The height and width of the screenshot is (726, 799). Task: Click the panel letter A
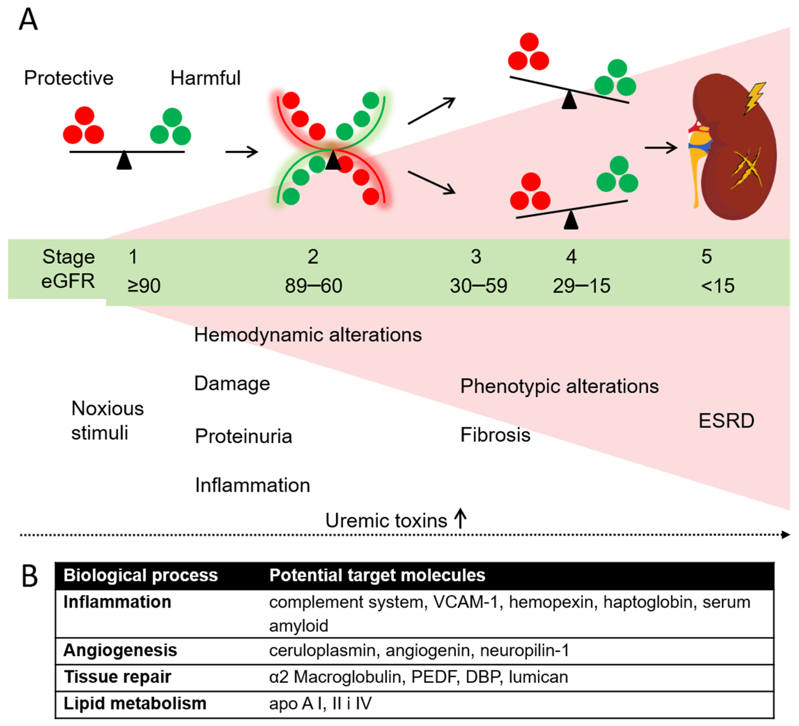point(28,20)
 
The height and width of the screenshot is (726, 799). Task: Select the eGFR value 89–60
point(313,285)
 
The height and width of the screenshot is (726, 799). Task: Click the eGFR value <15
point(717,285)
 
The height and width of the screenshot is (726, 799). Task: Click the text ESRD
point(726,421)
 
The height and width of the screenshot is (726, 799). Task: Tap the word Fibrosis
point(495,435)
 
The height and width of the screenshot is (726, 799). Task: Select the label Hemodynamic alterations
point(308,335)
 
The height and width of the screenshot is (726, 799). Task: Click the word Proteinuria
point(243,436)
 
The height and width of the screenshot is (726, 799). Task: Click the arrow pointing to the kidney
point(661,148)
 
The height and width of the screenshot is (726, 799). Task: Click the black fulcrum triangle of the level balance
point(124,161)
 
